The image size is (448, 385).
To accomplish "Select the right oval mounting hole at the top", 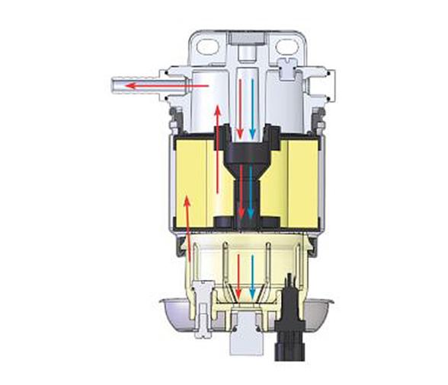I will tap(286, 47).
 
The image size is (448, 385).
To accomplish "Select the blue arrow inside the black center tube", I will tap(251, 190).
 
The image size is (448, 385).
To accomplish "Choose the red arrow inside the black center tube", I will tap(241, 190).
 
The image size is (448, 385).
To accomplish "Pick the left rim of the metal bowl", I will tap(168, 308).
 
